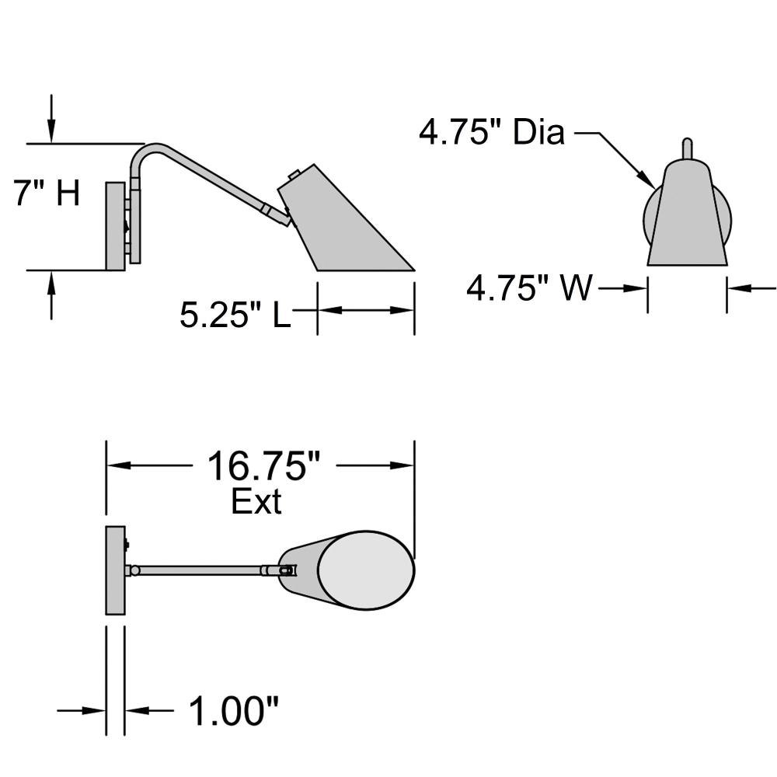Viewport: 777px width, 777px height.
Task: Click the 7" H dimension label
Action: [47, 193]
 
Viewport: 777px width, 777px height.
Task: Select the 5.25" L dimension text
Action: [235, 315]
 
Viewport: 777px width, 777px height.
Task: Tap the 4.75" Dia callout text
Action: [492, 132]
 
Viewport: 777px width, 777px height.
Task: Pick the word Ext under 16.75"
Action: [256, 501]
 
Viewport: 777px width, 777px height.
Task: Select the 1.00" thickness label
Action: [234, 711]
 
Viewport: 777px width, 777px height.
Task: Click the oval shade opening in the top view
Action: [366, 570]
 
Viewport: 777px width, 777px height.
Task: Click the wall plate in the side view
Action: [115, 226]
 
